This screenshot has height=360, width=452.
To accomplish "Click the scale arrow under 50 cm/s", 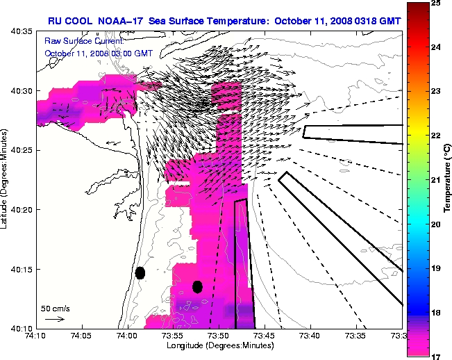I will tap(54, 319).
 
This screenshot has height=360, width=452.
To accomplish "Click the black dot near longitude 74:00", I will tap(140, 272).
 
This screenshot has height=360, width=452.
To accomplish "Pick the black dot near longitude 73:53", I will tap(197, 286).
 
